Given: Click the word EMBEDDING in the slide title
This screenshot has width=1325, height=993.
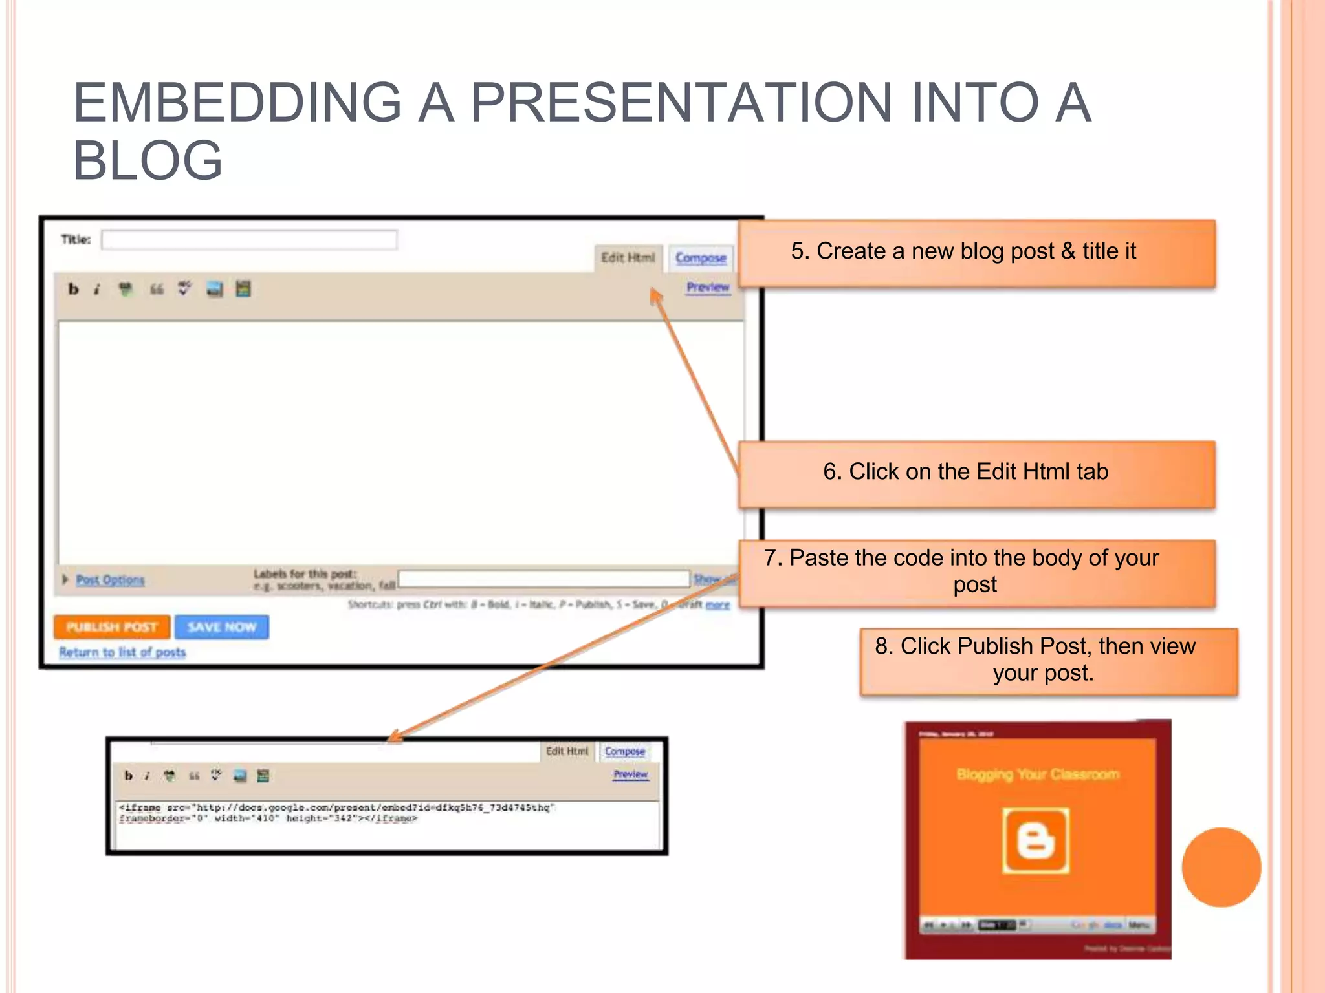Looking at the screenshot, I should click(x=238, y=103).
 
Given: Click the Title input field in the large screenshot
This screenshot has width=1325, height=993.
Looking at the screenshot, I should click(x=249, y=240).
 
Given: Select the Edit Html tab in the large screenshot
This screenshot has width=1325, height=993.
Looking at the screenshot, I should click(x=628, y=258).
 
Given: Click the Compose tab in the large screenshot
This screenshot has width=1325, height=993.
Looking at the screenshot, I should click(x=701, y=258).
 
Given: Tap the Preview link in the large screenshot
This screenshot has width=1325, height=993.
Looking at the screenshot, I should click(x=708, y=287).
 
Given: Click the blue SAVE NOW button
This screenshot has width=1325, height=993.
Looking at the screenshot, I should click(x=222, y=627).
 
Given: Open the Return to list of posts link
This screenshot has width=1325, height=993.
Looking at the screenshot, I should click(x=122, y=652).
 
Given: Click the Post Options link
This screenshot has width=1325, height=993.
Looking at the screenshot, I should click(x=110, y=580).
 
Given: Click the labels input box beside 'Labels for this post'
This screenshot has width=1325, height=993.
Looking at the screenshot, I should click(x=543, y=579).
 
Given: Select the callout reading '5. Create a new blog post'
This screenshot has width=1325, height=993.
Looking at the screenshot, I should click(x=976, y=253).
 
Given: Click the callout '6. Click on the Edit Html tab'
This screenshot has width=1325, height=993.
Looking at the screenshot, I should click(x=976, y=474).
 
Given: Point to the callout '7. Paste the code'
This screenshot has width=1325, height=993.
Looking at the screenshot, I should click(x=976, y=572).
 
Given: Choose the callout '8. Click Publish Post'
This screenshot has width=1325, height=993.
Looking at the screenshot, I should click(x=1048, y=661).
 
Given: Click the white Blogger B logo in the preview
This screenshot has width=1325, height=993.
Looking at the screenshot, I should click(x=1035, y=840).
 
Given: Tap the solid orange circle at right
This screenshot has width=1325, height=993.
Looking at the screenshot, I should click(x=1221, y=867).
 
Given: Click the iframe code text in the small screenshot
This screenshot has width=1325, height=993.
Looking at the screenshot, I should click(x=336, y=813).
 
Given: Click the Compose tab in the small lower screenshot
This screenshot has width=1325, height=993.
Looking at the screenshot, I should click(x=624, y=751).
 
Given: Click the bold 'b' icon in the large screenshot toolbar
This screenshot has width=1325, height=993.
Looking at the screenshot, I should click(x=73, y=290).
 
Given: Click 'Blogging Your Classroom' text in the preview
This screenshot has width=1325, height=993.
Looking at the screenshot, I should click(x=1038, y=774).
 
